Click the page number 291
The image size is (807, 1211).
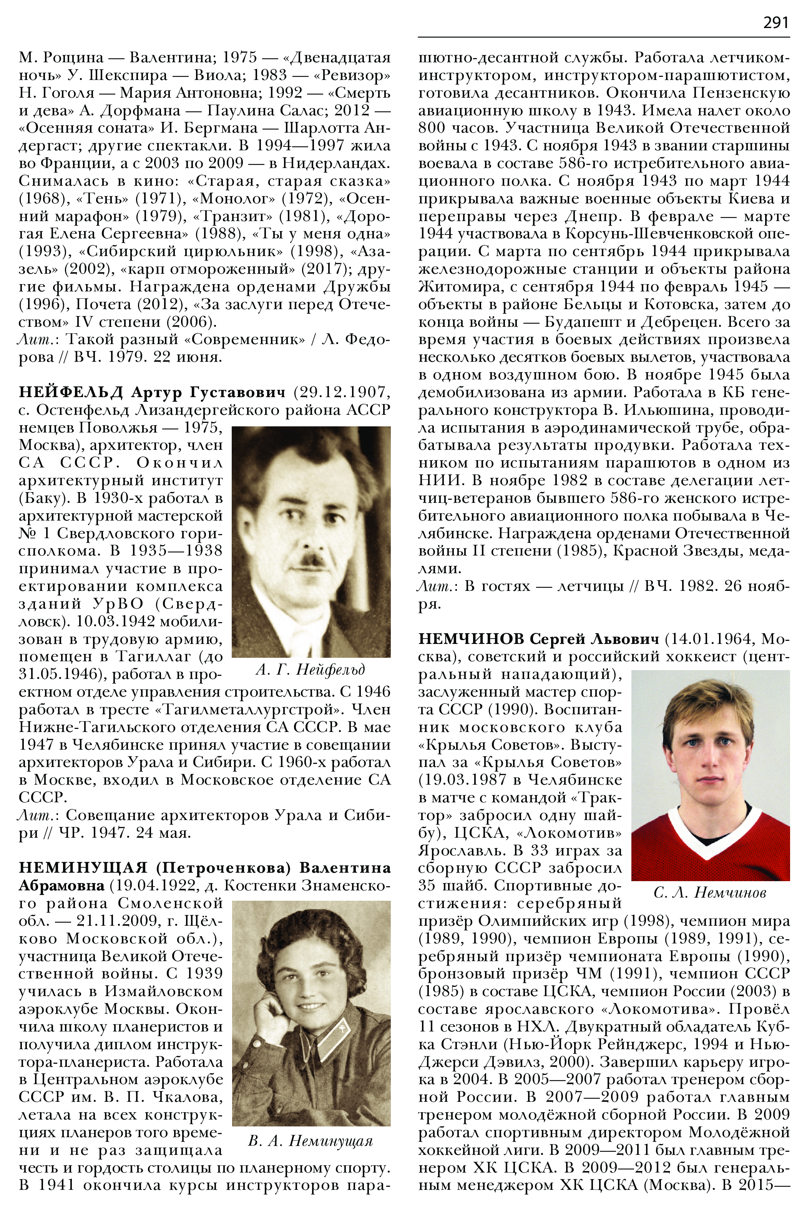tap(775, 23)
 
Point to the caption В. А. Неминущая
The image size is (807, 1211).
tap(310, 1141)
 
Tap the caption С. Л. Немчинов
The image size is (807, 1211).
tap(710, 892)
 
